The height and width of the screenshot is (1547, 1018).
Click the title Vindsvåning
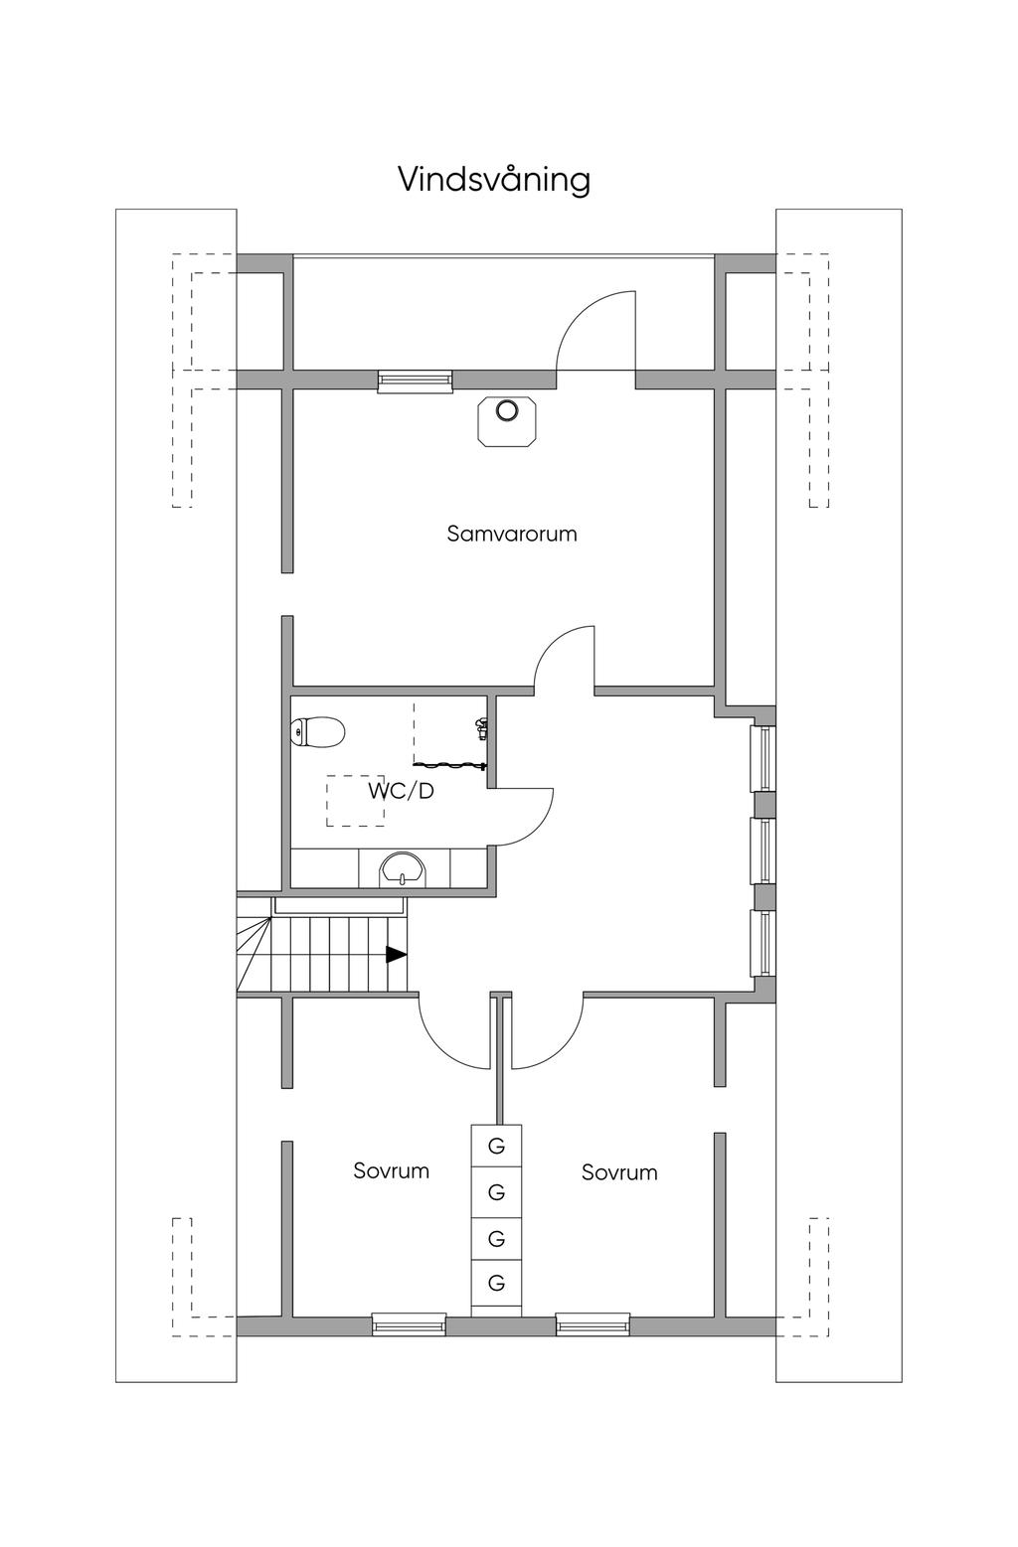tap(494, 180)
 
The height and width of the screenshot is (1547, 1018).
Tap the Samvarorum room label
tap(512, 534)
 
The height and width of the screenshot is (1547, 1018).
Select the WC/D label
tap(401, 792)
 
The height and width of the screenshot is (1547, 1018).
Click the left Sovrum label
tap(392, 1170)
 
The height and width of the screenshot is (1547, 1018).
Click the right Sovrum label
tap(619, 1172)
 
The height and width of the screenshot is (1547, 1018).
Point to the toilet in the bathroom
tap(318, 733)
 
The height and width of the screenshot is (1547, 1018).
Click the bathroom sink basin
tap(403, 867)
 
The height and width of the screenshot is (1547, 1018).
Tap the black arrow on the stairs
tap(397, 954)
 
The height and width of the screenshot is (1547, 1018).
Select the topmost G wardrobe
tap(497, 1146)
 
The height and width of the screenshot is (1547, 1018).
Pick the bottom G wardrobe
tap(497, 1283)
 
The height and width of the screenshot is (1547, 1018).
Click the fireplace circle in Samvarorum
tap(508, 410)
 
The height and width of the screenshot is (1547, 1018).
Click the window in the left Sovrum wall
tap(409, 1323)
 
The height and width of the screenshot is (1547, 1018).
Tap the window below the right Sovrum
tap(593, 1323)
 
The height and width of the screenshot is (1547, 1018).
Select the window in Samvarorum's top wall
tap(416, 381)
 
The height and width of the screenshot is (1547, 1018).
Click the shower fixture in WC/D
tap(481, 728)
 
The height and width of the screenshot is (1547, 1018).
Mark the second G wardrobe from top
tap(497, 1190)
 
